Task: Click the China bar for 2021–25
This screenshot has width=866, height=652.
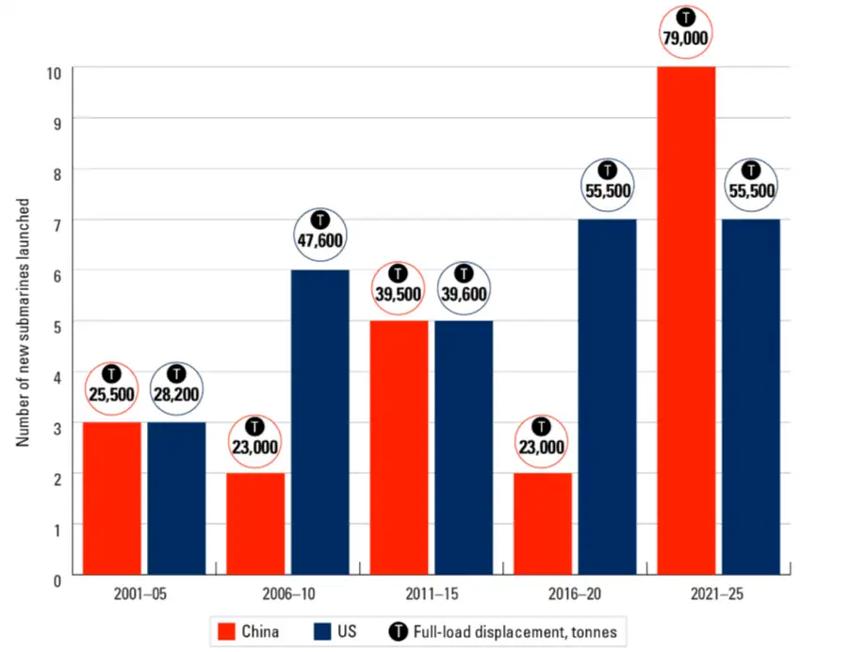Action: (686, 320)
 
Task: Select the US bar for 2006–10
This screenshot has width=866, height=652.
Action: (319, 422)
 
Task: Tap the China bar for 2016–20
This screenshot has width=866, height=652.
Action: (543, 524)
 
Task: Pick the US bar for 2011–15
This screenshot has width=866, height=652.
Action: (464, 448)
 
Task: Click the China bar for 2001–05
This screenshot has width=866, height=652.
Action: (112, 498)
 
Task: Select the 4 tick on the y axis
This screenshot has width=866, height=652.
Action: (57, 375)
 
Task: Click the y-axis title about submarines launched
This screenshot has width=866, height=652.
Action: (25, 321)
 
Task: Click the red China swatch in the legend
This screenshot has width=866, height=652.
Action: (226, 630)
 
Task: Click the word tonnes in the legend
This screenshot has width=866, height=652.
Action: (595, 630)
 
